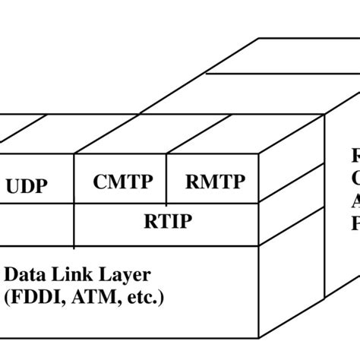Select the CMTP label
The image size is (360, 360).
tap(122, 183)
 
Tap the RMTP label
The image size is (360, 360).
tap(215, 183)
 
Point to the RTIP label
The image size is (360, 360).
tap(168, 221)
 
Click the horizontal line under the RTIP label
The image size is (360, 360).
tap(167, 245)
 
